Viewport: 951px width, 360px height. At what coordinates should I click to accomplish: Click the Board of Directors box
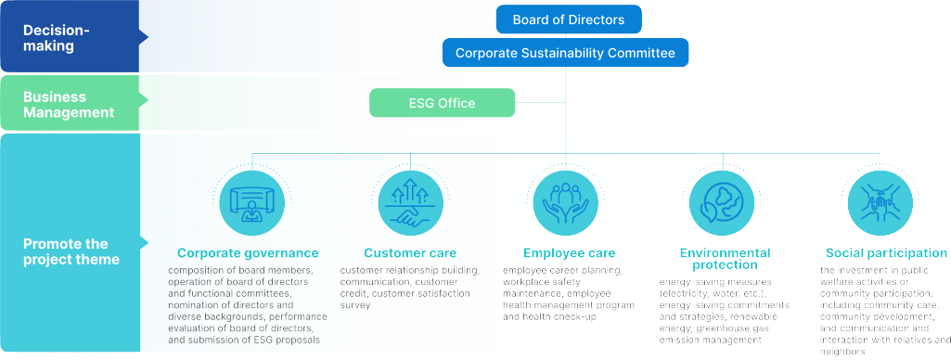pyautogui.click(x=569, y=19)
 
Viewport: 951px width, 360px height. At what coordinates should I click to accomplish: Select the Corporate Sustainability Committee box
pyautogui.click(x=565, y=53)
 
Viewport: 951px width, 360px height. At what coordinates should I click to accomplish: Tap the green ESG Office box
pyautogui.click(x=442, y=103)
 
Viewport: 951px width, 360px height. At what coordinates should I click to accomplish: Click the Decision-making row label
pyautogui.click(x=56, y=38)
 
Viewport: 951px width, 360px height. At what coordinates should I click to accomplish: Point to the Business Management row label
pyautogui.click(x=68, y=104)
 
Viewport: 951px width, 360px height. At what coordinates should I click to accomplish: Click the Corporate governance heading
pyautogui.click(x=248, y=252)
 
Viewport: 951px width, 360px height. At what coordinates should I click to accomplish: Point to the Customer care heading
pyautogui.click(x=410, y=252)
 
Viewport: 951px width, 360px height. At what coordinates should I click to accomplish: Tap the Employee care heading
pyautogui.click(x=569, y=252)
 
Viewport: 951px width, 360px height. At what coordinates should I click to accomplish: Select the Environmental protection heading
pyautogui.click(x=725, y=258)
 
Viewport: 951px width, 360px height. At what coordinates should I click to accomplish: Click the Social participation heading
pyautogui.click(x=886, y=252)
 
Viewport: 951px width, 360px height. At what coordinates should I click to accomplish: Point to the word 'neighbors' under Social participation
pyautogui.click(x=844, y=352)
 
